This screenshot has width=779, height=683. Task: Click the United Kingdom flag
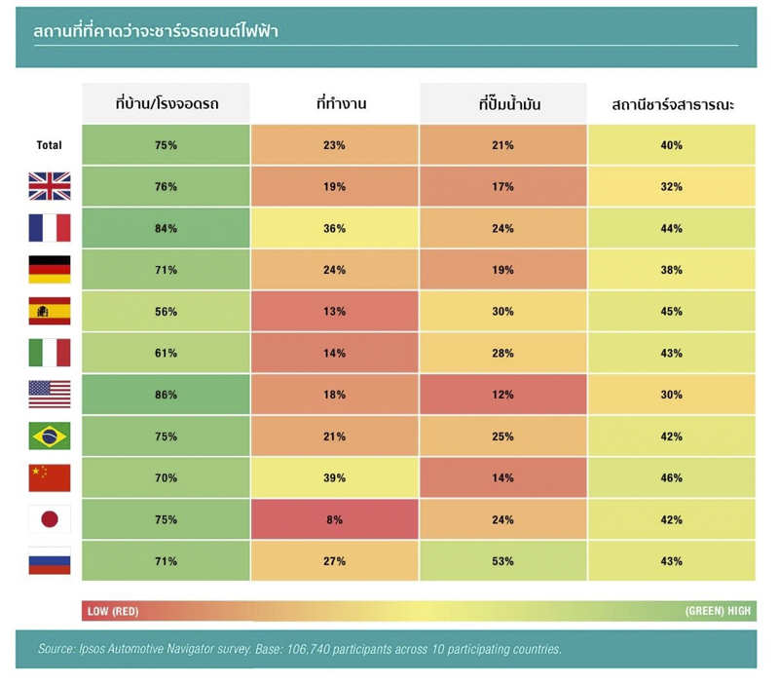(x=50, y=186)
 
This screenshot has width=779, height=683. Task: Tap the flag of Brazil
(x=50, y=436)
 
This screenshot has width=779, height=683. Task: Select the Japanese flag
(x=50, y=519)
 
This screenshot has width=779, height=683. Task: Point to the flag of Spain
(x=50, y=311)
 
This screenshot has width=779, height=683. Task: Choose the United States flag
(x=50, y=395)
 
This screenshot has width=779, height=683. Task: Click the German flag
(x=50, y=270)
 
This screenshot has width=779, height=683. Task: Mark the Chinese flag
(x=50, y=477)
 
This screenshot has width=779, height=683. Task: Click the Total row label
(x=50, y=145)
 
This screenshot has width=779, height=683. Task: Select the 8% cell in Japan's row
(x=334, y=519)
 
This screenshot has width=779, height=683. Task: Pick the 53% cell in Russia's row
(x=502, y=561)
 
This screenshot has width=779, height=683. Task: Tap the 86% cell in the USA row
(x=166, y=395)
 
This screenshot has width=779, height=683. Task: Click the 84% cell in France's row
(x=166, y=228)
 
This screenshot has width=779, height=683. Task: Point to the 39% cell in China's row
(x=334, y=477)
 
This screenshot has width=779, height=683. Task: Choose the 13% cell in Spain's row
(x=334, y=311)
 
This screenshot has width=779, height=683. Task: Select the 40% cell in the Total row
(x=672, y=145)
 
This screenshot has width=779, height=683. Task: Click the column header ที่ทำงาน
(x=342, y=103)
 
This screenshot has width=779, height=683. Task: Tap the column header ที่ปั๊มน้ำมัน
(x=509, y=103)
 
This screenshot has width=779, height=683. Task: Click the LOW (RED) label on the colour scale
(x=113, y=612)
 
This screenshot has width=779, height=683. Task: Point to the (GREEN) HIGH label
(x=718, y=611)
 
